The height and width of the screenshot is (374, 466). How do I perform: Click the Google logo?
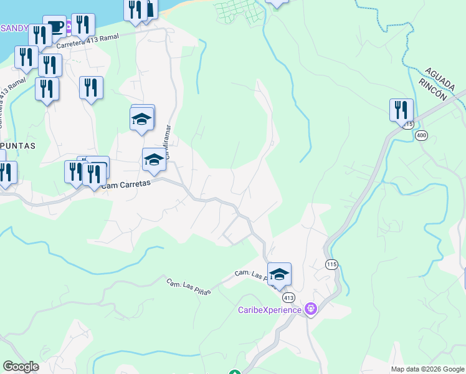tap(21, 367)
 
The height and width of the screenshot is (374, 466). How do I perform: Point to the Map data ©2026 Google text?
tap(427, 369)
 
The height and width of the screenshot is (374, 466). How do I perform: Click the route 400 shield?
tap(422, 135)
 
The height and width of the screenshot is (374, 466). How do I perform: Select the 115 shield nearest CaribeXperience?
tap(331, 265)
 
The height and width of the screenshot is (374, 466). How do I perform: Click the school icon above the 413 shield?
tap(279, 273)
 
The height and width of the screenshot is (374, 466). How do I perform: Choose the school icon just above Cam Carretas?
tap(154, 160)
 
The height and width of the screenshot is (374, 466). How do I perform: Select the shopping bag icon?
tap(150, 8)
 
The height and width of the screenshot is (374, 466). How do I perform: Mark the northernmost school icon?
tap(142, 117)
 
